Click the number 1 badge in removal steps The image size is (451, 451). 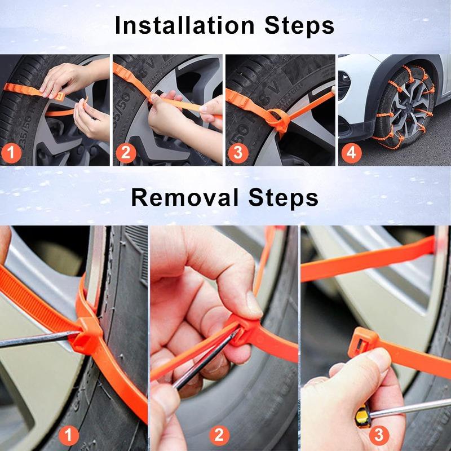pyautogui.click(x=69, y=435)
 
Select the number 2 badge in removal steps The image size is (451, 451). pyautogui.click(x=219, y=435)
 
